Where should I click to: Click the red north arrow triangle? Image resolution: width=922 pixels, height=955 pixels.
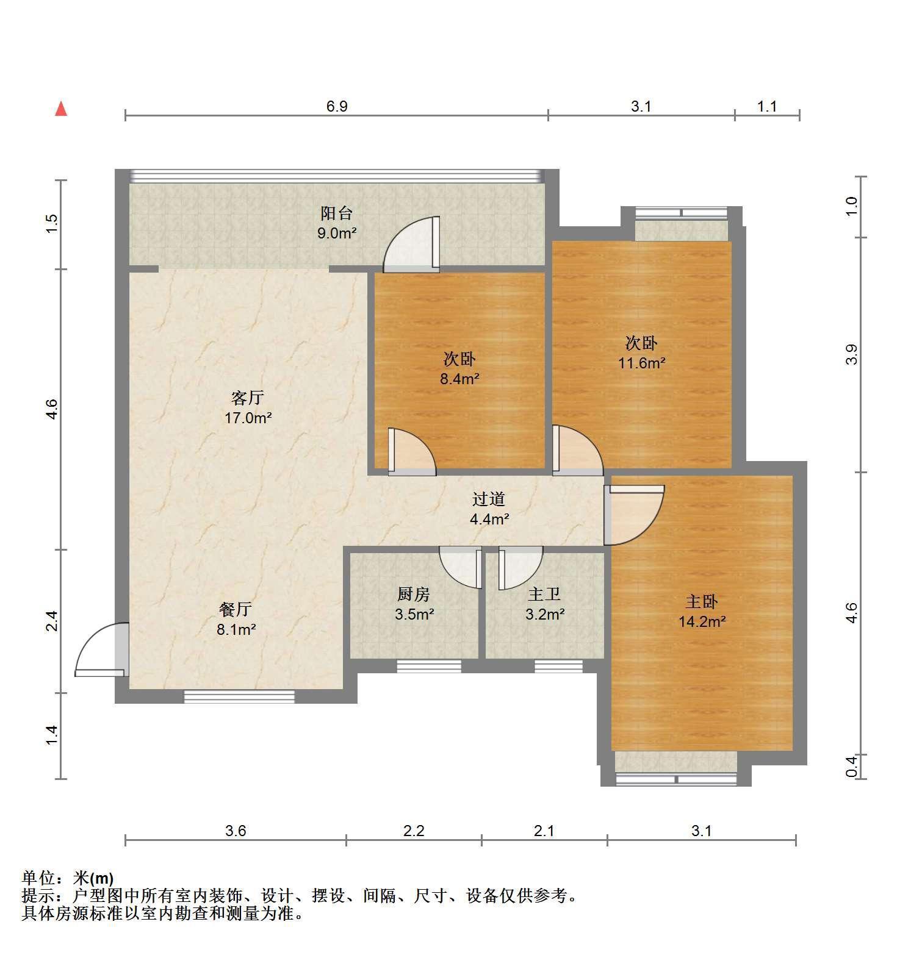pyautogui.click(x=61, y=109)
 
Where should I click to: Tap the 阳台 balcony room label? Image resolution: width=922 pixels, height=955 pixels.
pyautogui.click(x=337, y=213)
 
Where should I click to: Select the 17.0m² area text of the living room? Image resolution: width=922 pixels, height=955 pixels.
pyautogui.click(x=248, y=418)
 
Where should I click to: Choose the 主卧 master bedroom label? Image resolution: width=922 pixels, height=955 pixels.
pyautogui.click(x=702, y=602)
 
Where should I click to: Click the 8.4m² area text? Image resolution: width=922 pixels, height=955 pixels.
pyautogui.click(x=459, y=379)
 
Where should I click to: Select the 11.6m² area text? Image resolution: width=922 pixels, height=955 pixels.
pyautogui.click(x=641, y=363)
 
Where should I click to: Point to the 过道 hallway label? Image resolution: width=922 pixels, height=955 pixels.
pyautogui.click(x=489, y=499)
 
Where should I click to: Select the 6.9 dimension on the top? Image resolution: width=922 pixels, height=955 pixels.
pyautogui.click(x=337, y=107)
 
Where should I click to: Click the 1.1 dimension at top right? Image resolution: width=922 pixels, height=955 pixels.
pyautogui.click(x=767, y=107)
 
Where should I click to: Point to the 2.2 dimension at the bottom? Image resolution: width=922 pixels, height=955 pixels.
pyautogui.click(x=414, y=831)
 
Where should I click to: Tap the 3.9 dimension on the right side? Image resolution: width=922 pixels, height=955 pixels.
pyautogui.click(x=852, y=355)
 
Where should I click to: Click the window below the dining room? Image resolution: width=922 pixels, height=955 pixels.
pyautogui.click(x=239, y=696)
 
